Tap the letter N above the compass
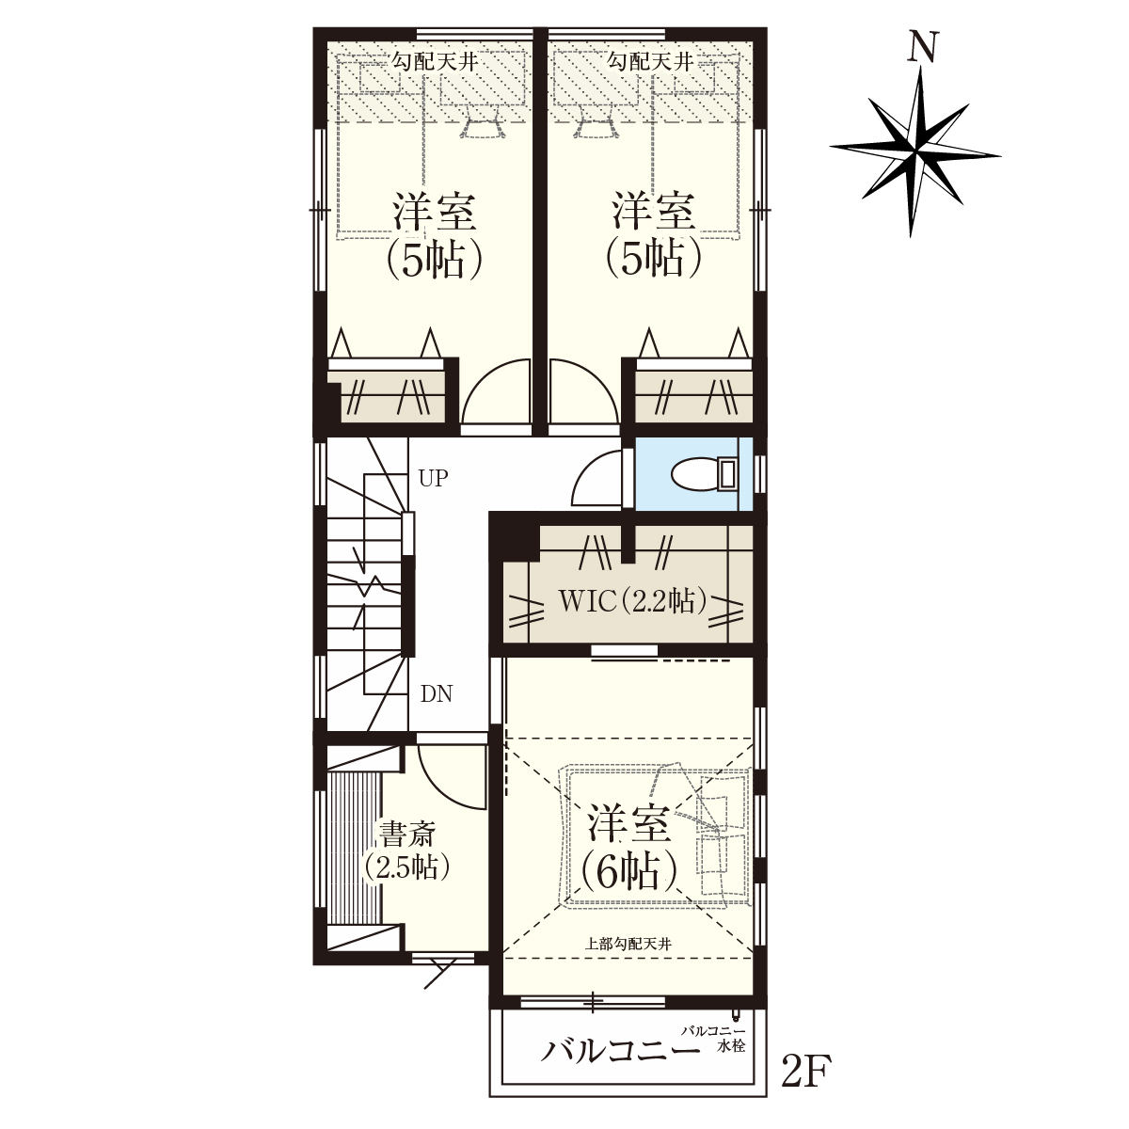tap(923, 46)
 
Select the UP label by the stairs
tap(433, 478)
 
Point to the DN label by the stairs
tap(437, 693)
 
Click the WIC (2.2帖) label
tap(632, 601)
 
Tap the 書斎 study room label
tap(407, 834)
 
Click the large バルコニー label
tap(620, 1052)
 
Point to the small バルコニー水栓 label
tap(712, 1038)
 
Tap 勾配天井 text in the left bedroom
tap(435, 61)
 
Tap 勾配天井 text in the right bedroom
tap(650, 61)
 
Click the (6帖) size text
tap(629, 873)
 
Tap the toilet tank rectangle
tap(727, 473)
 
